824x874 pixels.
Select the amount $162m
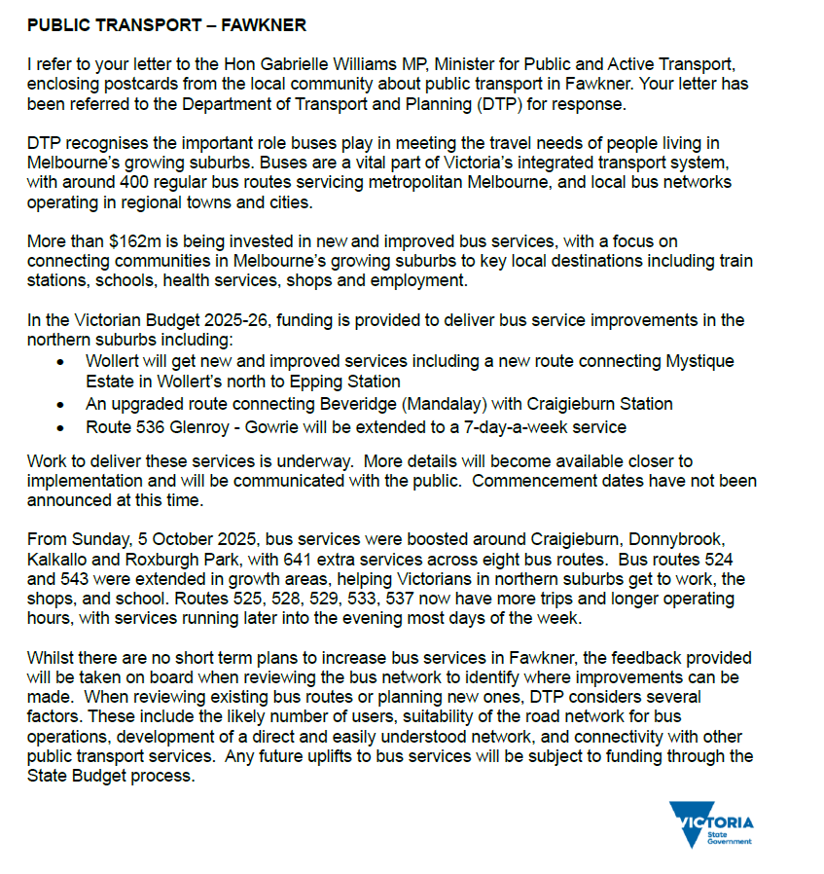138,242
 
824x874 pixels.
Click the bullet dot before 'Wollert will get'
62,361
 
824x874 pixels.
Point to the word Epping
301,382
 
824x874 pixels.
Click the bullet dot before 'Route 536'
62,427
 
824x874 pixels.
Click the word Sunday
96,538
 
